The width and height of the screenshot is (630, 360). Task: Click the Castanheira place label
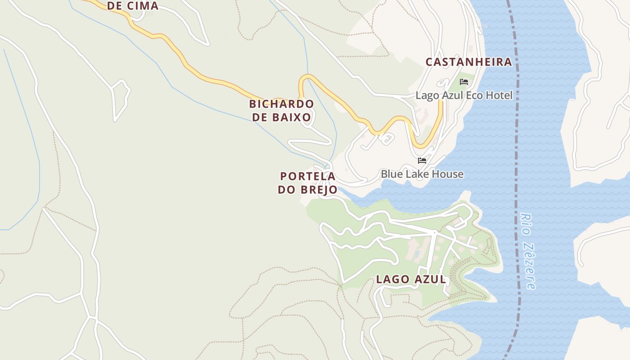[x=469, y=62]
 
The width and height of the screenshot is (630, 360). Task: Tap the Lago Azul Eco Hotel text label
[x=464, y=95]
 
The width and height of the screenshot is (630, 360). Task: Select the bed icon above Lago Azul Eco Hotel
[x=464, y=82]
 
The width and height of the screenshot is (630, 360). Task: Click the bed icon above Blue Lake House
[x=422, y=160]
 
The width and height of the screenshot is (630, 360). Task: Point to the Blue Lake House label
[x=422, y=174]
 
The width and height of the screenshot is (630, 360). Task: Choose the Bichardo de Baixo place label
[x=282, y=111]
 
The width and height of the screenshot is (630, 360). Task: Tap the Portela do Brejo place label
[x=308, y=183]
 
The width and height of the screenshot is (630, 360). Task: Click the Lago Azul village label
[x=411, y=279]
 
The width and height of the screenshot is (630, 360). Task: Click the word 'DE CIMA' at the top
[x=133, y=6]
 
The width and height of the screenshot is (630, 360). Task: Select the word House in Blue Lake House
[x=448, y=174]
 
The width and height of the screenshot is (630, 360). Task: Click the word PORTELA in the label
[x=308, y=176]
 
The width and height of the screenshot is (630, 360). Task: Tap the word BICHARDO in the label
[x=282, y=104]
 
